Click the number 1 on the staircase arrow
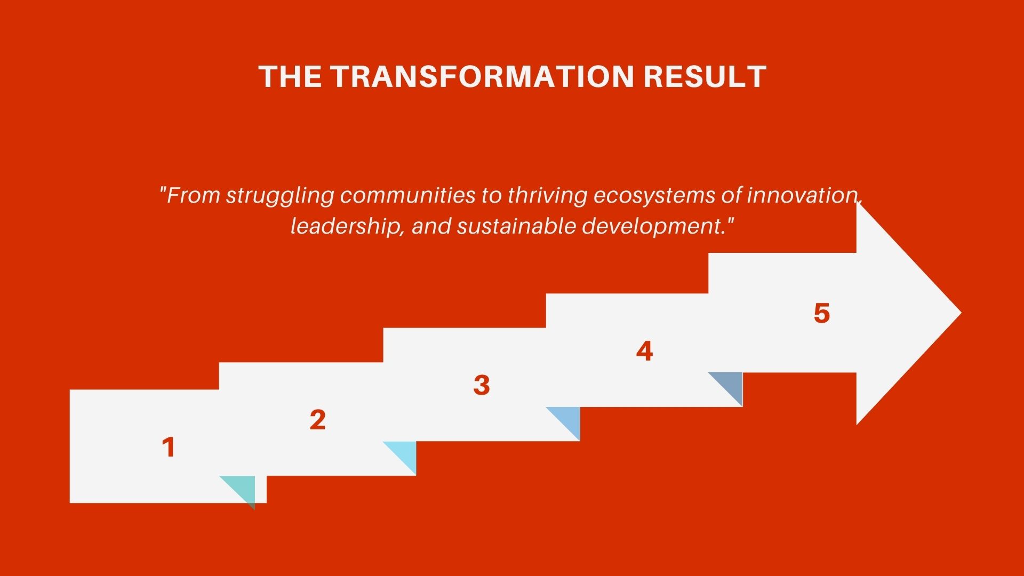[169, 447]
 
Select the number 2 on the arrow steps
[317, 420]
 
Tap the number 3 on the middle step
[481, 385]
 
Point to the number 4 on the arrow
[644, 351]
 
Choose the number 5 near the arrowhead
[822, 313]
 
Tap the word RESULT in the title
[705, 76]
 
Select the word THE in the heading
[291, 76]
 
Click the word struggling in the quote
[281, 196]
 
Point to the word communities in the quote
[407, 195]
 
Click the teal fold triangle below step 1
[243, 487]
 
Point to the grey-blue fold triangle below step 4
[731, 383]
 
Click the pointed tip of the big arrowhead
[961, 313]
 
